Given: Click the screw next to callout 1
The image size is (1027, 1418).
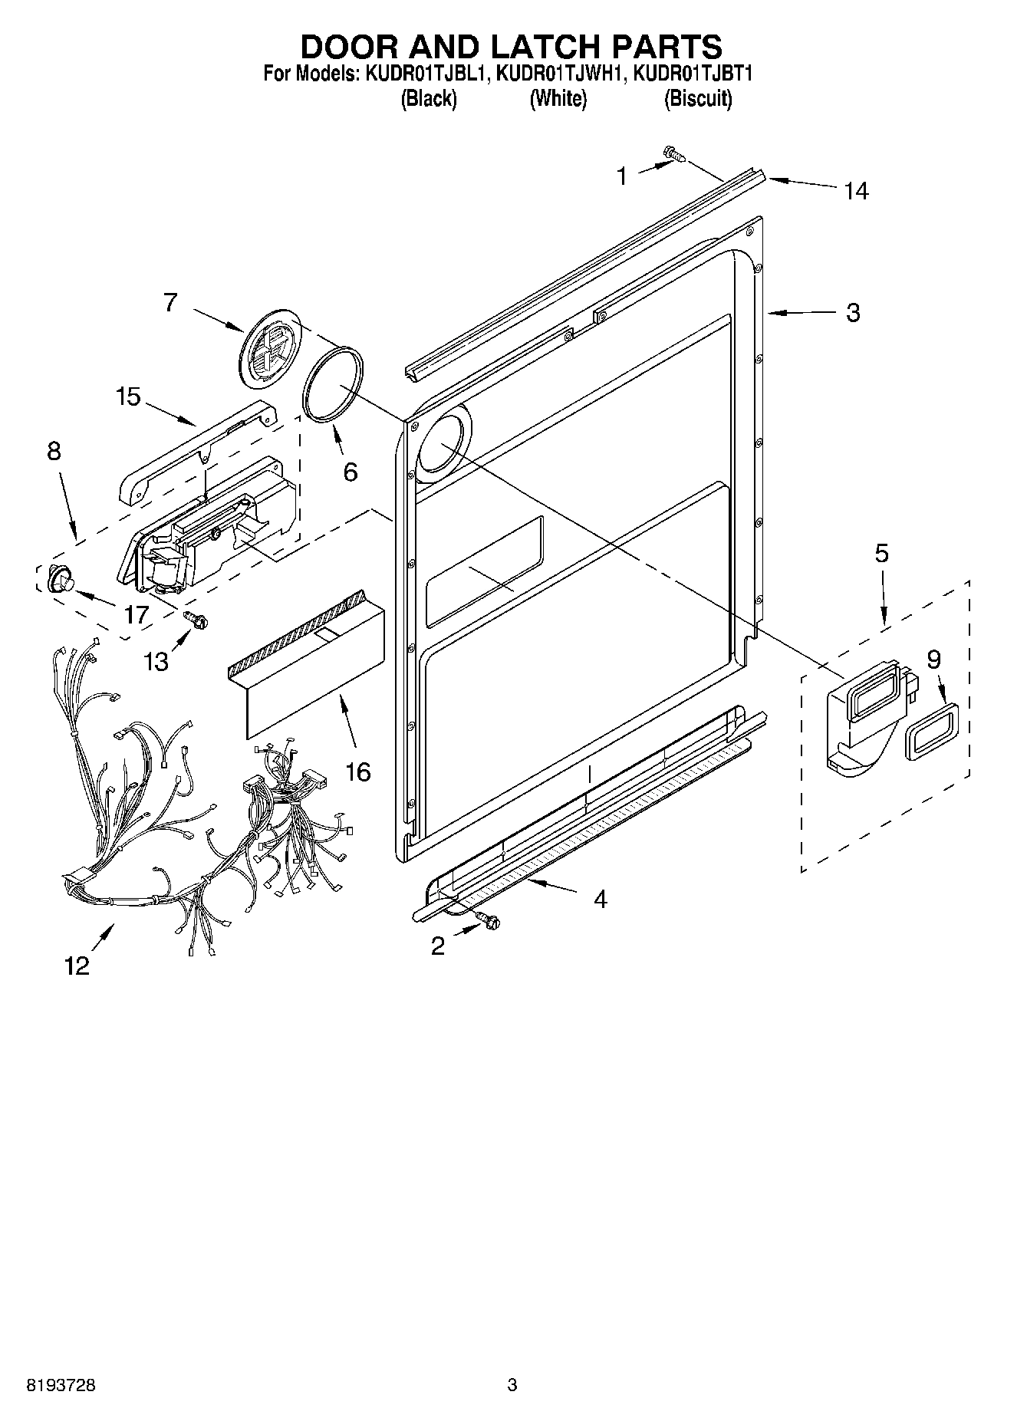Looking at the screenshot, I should pyautogui.click(x=675, y=155).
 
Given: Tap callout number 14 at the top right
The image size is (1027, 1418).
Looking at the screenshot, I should pyautogui.click(x=856, y=191).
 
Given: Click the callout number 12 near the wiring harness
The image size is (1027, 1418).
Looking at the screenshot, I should pyautogui.click(x=77, y=965).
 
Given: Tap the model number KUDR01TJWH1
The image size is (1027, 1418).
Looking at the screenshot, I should pyautogui.click(x=559, y=74).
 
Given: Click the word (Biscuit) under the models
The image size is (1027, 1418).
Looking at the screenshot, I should pyautogui.click(x=697, y=99).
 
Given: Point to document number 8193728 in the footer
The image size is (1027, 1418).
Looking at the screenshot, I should pyautogui.click(x=62, y=1385).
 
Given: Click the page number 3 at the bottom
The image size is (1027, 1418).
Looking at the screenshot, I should pyautogui.click(x=512, y=1385).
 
